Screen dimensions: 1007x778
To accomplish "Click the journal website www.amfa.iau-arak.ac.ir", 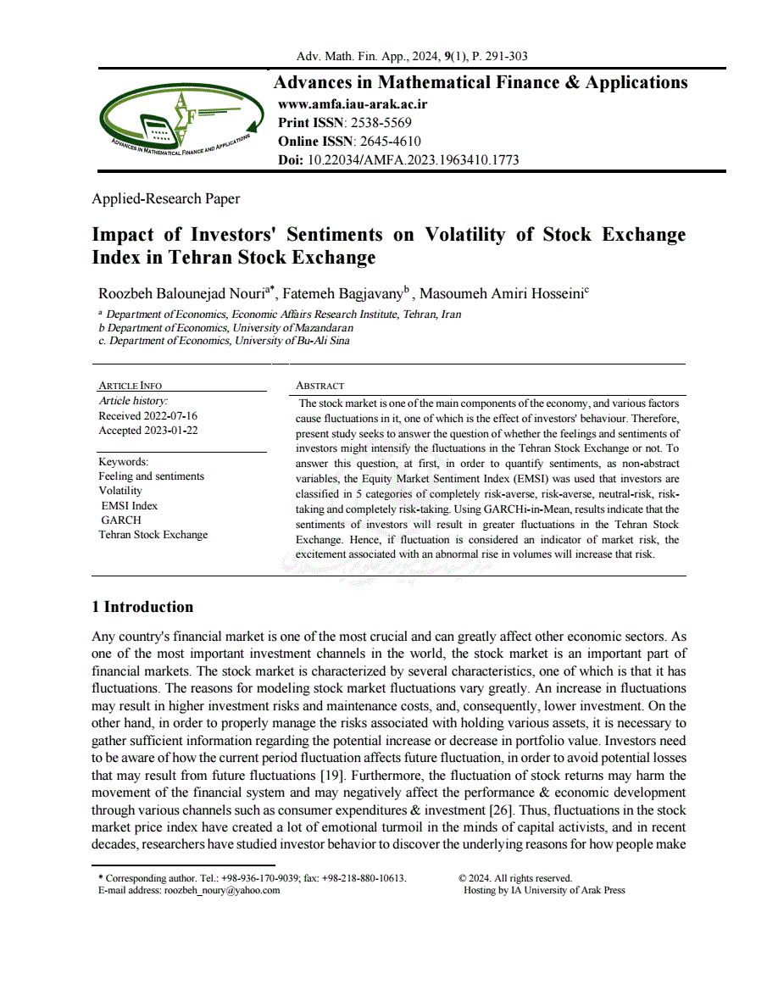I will [x=353, y=105].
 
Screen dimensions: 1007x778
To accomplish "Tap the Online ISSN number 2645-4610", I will [x=386, y=142].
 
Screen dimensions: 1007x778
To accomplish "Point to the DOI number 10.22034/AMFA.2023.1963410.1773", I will [x=413, y=159].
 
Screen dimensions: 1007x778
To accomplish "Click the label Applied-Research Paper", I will [x=166, y=199].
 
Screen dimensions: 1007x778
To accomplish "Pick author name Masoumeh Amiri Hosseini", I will [x=501, y=294].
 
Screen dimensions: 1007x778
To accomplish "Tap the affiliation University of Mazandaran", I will [x=293, y=327].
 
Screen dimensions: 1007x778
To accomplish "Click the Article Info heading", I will [x=131, y=386].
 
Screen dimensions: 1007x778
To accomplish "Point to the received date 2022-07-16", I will [x=173, y=416].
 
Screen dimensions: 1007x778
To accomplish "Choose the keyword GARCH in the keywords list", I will [x=121, y=520].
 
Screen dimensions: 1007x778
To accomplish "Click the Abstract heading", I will [x=320, y=386].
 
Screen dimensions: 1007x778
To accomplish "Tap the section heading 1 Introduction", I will [x=142, y=607].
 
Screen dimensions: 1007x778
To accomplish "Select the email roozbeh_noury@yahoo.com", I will [x=222, y=890].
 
